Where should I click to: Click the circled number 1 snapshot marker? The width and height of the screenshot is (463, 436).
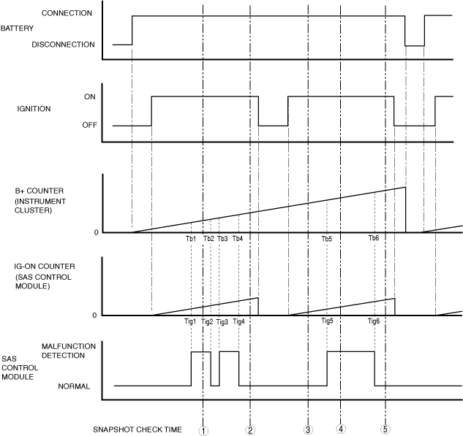click(203, 430)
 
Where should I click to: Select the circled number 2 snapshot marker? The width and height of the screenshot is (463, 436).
click(250, 430)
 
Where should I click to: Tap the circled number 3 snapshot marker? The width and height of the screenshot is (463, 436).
click(309, 430)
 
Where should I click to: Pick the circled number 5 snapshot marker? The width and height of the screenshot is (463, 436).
click(385, 429)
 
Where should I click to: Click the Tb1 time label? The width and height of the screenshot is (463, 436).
click(191, 239)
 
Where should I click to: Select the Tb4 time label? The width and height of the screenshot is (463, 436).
click(237, 239)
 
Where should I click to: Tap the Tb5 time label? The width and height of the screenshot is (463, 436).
click(326, 239)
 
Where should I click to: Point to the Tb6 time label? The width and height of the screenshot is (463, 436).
click(374, 239)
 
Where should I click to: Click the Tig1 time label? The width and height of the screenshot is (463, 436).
click(190, 322)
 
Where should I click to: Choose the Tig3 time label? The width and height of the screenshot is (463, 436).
click(222, 322)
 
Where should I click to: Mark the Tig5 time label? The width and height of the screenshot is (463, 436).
click(327, 322)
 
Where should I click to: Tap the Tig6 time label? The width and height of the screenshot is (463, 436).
click(374, 322)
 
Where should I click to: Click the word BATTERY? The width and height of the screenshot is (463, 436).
click(18, 28)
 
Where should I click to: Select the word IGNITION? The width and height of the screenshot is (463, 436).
click(34, 110)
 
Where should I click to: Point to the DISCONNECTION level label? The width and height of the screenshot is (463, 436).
click(64, 45)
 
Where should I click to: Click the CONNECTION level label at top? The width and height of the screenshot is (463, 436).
click(67, 13)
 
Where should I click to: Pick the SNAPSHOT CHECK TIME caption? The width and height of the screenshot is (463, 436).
click(137, 429)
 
